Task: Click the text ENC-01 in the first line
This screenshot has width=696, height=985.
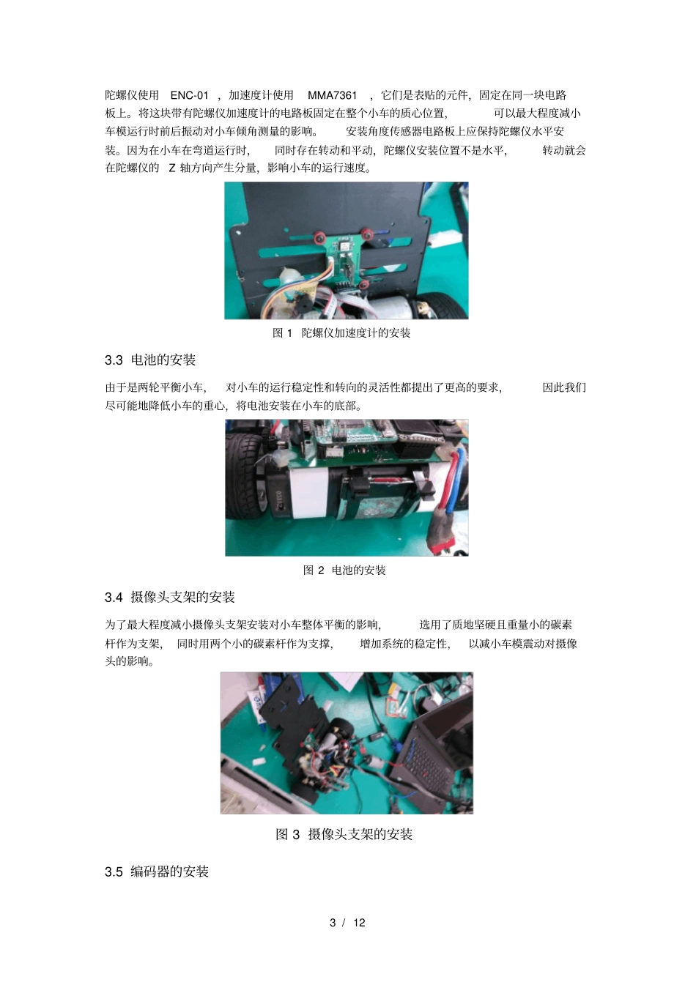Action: tap(189, 95)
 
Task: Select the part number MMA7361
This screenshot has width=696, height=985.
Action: tap(333, 95)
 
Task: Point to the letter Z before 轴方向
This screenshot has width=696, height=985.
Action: tap(172, 168)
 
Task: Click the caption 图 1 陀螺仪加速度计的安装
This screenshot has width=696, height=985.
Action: tap(341, 333)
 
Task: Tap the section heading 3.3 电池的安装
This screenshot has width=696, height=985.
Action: tap(150, 360)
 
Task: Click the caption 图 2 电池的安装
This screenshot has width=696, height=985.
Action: tap(344, 570)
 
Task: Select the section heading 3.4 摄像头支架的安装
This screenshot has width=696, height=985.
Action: tap(170, 598)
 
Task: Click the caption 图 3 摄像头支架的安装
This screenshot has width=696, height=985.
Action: tap(344, 834)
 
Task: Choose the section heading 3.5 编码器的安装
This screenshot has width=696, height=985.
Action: tap(157, 871)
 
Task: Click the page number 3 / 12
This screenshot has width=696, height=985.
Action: tap(347, 923)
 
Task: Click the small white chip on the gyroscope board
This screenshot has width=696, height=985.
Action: tap(342, 247)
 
